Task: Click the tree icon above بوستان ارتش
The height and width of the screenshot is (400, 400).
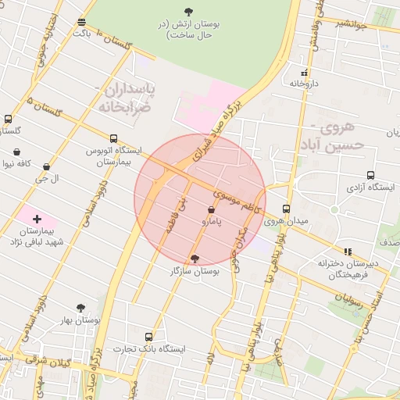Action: [188, 11]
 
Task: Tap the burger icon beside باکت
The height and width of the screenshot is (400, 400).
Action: [82, 22]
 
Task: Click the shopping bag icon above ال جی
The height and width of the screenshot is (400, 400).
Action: [46, 166]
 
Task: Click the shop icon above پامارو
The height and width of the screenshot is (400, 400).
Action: [212, 210]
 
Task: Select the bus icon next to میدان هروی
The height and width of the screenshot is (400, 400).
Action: [287, 209]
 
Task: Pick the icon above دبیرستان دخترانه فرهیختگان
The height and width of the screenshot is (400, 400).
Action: [348, 252]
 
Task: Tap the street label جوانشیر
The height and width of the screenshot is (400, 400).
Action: [352, 23]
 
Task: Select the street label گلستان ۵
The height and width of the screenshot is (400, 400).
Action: [44, 109]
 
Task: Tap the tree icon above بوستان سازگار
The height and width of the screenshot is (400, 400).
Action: [195, 258]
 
